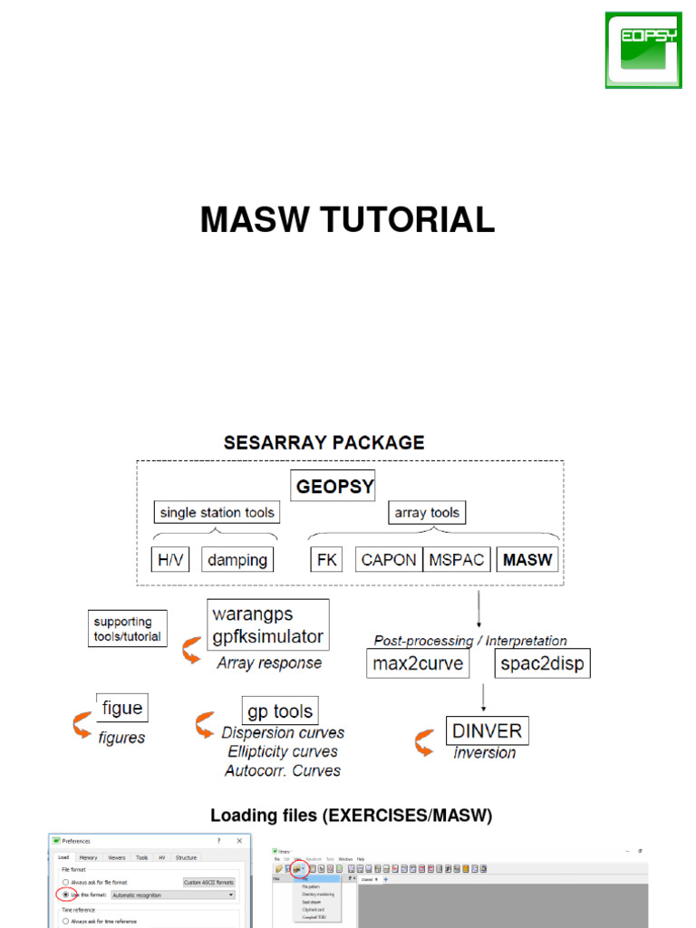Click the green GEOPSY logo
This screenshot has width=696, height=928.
tap(643, 50)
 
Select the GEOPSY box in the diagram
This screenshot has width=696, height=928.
tap(334, 486)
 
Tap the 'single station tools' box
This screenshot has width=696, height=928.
tap(217, 513)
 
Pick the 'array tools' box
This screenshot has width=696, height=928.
tap(426, 513)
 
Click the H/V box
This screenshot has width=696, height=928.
tap(169, 560)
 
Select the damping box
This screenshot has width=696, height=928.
tap(237, 560)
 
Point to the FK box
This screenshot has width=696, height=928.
tap(326, 560)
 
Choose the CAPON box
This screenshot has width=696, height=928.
tap(388, 560)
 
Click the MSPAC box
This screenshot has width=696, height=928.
tap(456, 560)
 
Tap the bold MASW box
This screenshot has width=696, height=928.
tap(527, 560)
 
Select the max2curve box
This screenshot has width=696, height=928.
tap(418, 664)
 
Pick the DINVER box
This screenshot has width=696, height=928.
tap(487, 731)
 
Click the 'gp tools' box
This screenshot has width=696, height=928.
tap(280, 711)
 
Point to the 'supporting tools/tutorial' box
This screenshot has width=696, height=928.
tap(128, 629)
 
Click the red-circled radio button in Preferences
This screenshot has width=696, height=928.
tap(66, 894)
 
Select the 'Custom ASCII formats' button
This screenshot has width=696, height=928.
tap(208, 882)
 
